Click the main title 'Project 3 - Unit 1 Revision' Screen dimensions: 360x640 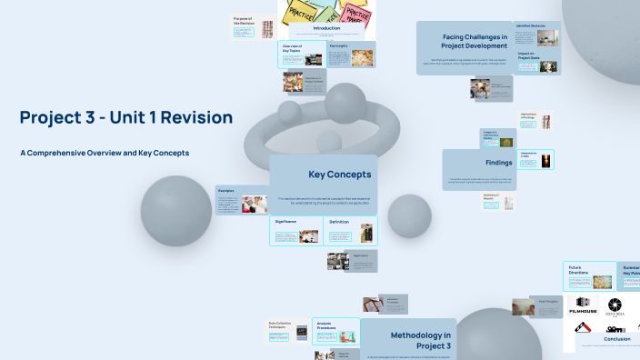(x=125, y=117)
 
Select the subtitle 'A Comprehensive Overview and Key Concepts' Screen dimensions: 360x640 (x=105, y=153)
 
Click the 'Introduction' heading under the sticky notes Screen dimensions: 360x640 (x=325, y=28)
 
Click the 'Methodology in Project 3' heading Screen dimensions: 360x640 (x=420, y=341)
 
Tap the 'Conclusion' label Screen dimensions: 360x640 (x=616, y=339)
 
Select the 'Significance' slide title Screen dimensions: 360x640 (x=286, y=221)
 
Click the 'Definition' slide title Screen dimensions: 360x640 (x=339, y=221)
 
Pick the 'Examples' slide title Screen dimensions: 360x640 (x=226, y=191)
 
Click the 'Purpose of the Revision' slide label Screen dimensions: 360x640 (x=243, y=20)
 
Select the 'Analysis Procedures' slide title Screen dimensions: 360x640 (x=326, y=325)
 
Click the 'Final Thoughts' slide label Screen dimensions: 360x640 (x=549, y=301)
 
